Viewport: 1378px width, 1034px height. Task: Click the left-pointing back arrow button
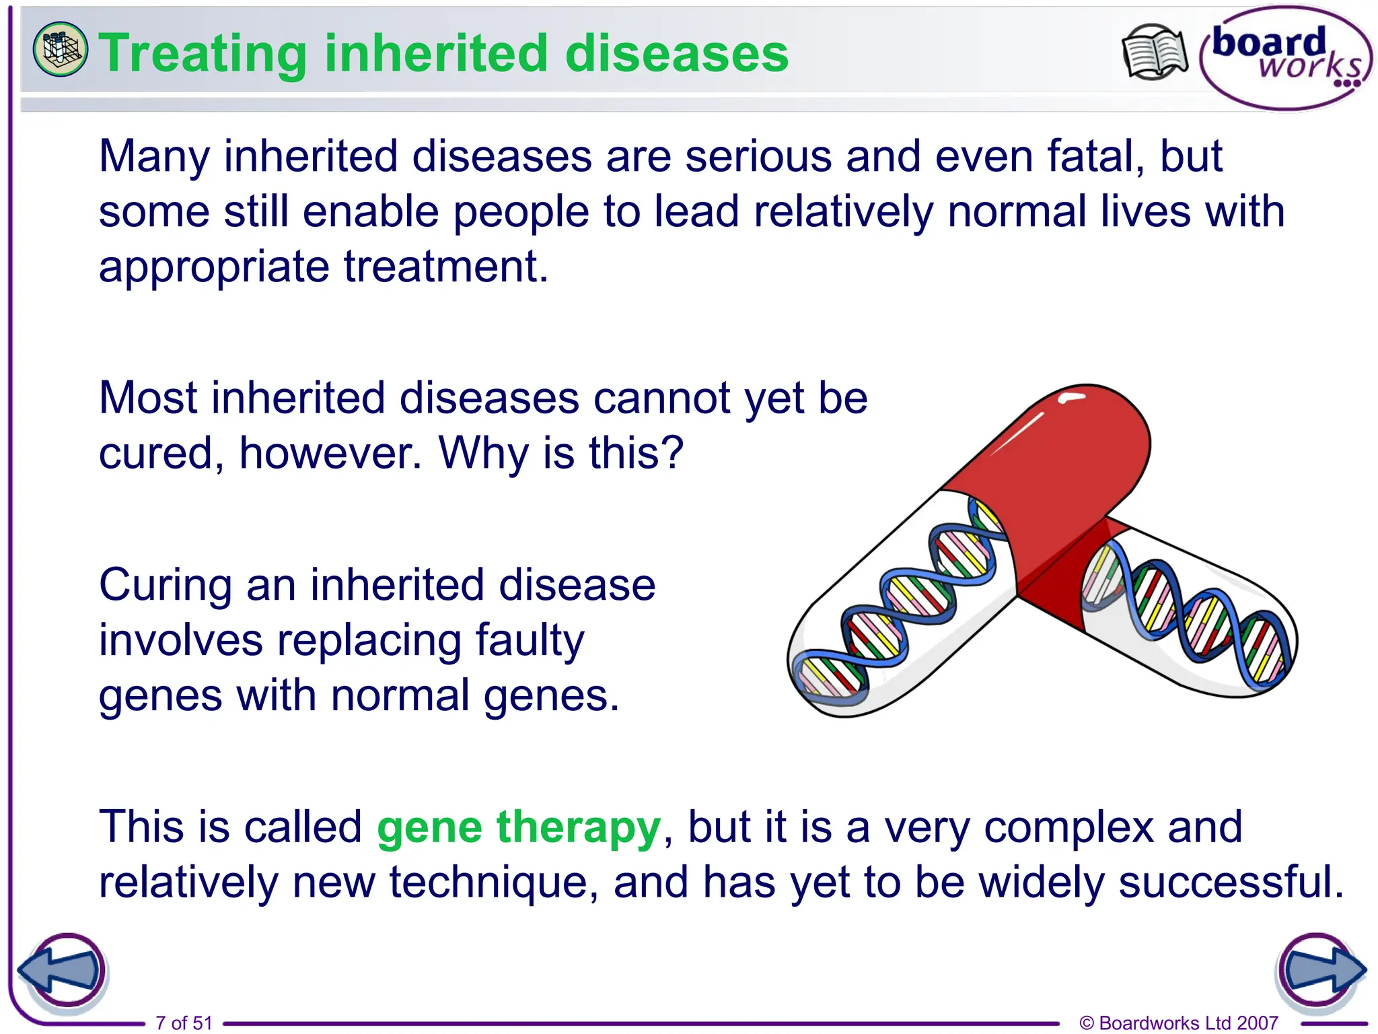pos(62,971)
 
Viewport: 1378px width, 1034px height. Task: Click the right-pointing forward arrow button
pos(1321,971)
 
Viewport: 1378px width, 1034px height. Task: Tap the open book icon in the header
pos(1155,51)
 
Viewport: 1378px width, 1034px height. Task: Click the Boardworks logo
pos(1286,58)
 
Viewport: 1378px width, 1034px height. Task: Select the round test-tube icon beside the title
pos(60,49)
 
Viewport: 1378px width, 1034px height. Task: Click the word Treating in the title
pos(203,54)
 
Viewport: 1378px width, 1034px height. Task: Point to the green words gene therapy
pos(519,827)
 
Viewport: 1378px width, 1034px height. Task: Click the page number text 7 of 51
pos(184,1023)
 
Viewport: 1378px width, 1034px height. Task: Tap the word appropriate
pos(215,267)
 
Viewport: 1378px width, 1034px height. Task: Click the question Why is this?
pos(561,452)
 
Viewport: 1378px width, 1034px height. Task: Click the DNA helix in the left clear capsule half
pos(902,606)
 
